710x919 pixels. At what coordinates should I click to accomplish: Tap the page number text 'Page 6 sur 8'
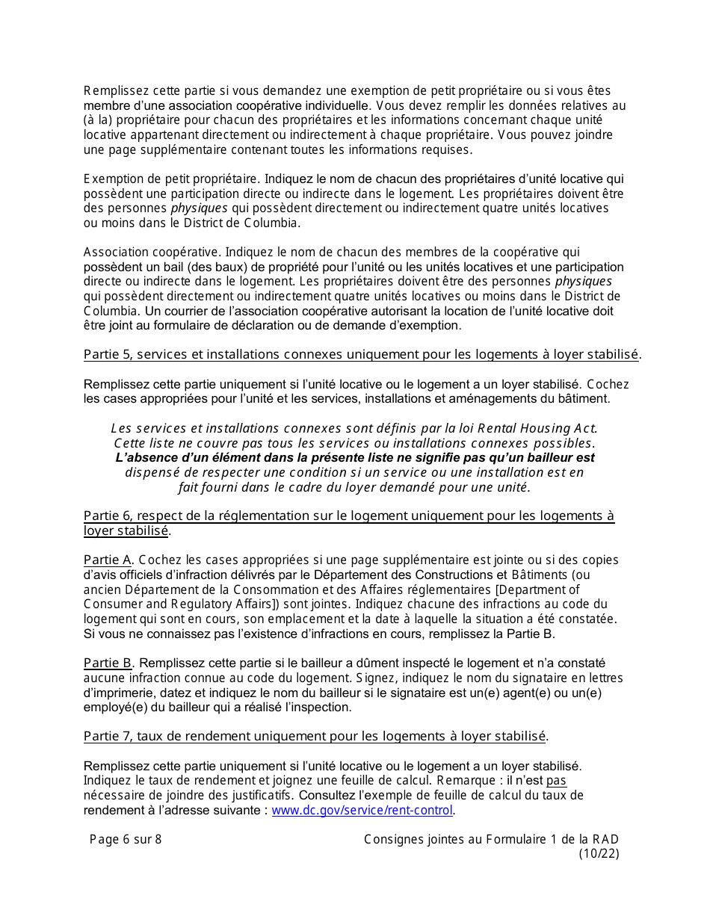(x=126, y=839)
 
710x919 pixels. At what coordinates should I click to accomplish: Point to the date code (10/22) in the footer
(x=599, y=854)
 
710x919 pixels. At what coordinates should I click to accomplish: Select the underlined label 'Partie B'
(x=108, y=663)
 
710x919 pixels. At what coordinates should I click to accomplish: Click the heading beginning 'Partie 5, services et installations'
(x=362, y=354)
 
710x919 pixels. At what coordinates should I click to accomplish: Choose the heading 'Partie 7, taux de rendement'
(x=315, y=736)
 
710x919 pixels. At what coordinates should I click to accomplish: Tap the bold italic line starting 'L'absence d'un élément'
(x=355, y=457)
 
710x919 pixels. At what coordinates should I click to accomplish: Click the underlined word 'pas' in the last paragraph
(x=557, y=782)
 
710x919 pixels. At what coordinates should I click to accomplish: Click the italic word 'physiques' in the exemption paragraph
(x=199, y=208)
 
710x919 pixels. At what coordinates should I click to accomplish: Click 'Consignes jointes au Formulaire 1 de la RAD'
(x=491, y=839)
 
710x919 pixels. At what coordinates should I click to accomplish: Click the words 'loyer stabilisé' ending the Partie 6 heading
(x=126, y=531)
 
